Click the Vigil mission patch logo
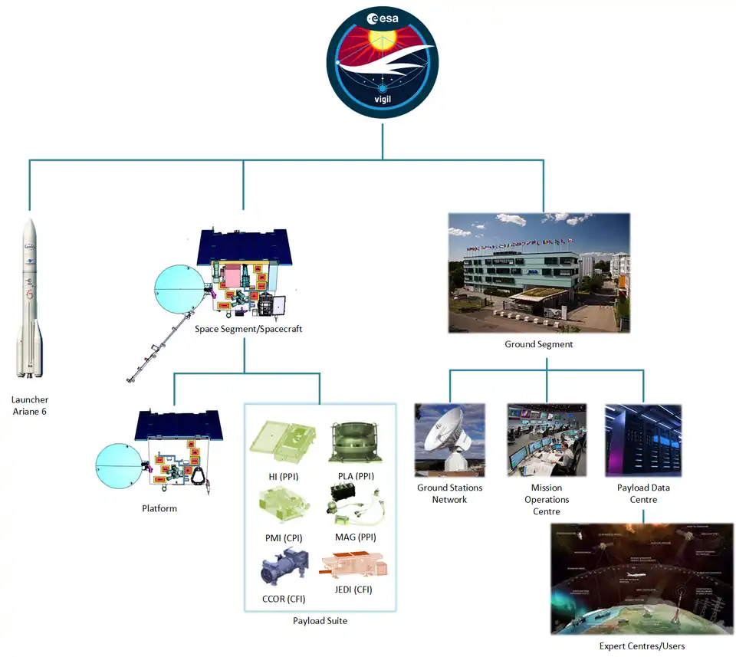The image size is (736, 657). pyautogui.click(x=382, y=65)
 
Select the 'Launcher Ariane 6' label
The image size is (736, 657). pyautogui.click(x=29, y=406)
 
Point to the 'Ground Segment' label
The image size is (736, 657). pyautogui.click(x=538, y=344)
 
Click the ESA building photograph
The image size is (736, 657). pyautogui.click(x=538, y=272)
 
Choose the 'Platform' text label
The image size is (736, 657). pyautogui.click(x=159, y=508)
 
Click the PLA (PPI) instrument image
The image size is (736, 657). pyautogui.click(x=355, y=441)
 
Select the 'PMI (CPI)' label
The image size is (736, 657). pyautogui.click(x=281, y=537)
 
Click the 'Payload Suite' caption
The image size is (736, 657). pyautogui.click(x=320, y=621)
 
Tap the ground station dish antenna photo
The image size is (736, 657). pyautogui.click(x=449, y=440)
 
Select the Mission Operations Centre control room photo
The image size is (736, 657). pyautogui.click(x=547, y=440)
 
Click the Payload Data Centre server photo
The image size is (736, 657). pyautogui.click(x=643, y=440)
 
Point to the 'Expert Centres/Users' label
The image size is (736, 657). pyautogui.click(x=642, y=646)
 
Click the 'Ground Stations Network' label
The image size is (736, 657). pyautogui.click(x=449, y=494)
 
